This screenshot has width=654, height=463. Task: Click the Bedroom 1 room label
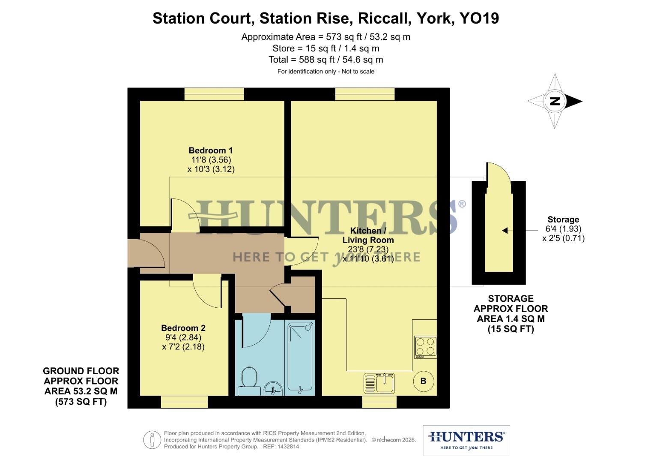pos(211,150)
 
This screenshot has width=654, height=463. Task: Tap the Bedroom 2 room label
pos(183,328)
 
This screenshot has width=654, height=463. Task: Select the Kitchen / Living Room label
pos(368,235)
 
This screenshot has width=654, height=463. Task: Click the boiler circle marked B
pos(423,381)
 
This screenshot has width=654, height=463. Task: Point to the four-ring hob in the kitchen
pos(425,347)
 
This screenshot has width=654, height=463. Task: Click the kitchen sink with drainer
pos(379,383)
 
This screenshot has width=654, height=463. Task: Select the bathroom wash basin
pos(273,388)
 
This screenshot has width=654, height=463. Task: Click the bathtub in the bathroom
pos(301,358)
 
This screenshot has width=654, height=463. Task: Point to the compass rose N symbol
pos(555,101)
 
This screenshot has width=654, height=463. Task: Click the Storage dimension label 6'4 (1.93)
pos(563,229)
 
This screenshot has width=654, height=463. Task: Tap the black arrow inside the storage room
pos(505,231)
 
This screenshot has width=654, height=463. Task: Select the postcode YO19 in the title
pos(479,18)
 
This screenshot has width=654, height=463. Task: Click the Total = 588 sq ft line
pos(326,60)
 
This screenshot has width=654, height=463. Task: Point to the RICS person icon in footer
pos(152,440)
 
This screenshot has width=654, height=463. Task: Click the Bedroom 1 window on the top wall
pos(214,94)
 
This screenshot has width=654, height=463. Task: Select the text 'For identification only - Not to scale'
pos(326,72)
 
